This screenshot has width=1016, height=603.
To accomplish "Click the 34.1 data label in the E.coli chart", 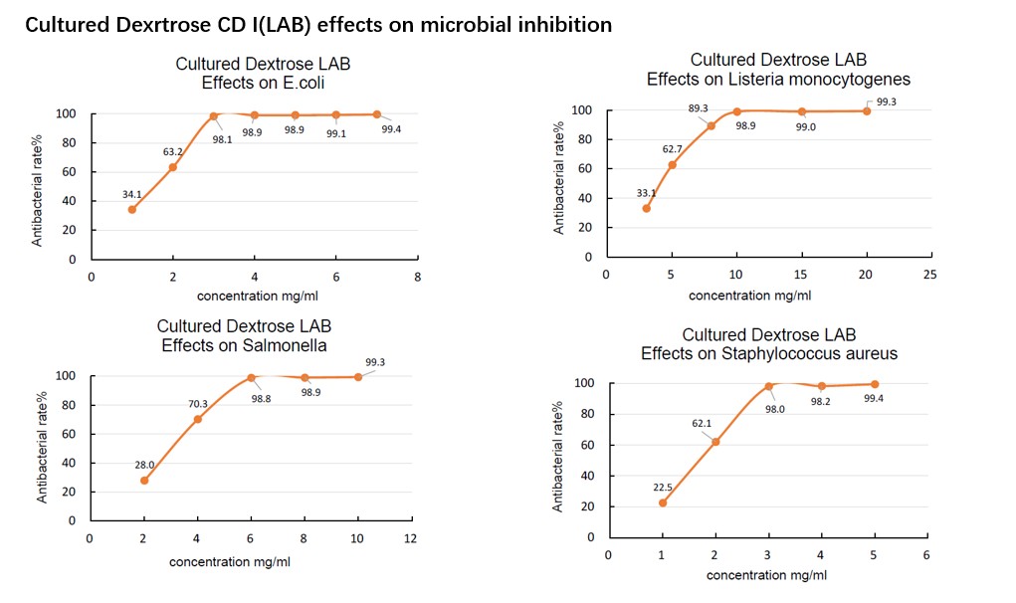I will coord(132,195).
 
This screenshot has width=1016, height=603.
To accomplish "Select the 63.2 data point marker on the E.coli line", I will coord(172,167).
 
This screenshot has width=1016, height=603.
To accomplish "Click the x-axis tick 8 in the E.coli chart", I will coord(417,277).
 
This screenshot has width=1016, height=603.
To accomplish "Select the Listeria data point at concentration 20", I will coord(866,110).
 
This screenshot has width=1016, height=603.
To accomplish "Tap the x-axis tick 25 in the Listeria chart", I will coord(930,274).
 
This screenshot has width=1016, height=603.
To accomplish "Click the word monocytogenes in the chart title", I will coord(838,79).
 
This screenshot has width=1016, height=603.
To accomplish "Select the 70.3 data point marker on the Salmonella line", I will coord(198,419).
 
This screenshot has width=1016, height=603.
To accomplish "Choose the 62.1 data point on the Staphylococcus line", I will coord(715,442).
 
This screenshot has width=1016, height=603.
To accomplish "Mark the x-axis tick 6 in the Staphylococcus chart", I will coord(926,554).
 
